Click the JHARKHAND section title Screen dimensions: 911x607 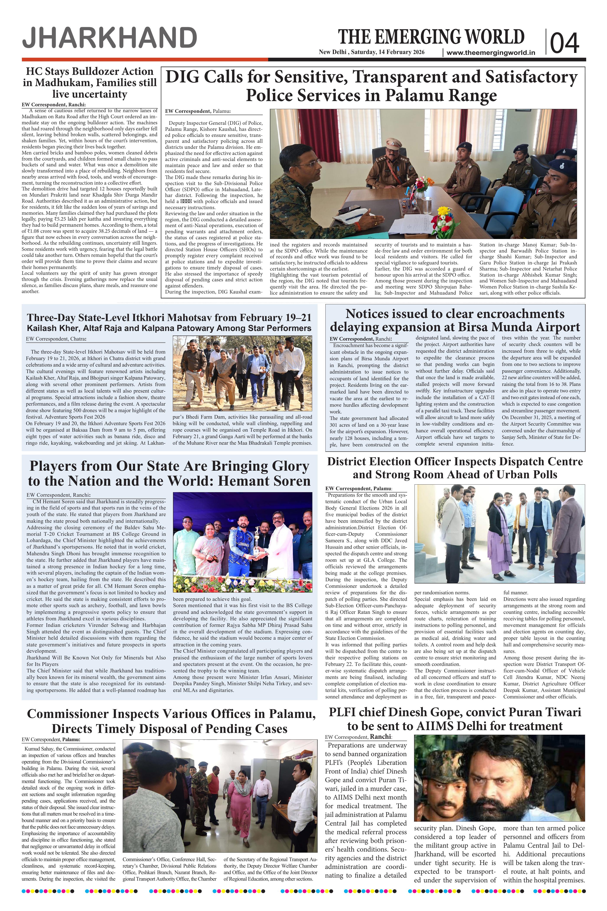pos(109,38)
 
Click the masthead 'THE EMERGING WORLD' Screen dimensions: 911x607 pos(431,37)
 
